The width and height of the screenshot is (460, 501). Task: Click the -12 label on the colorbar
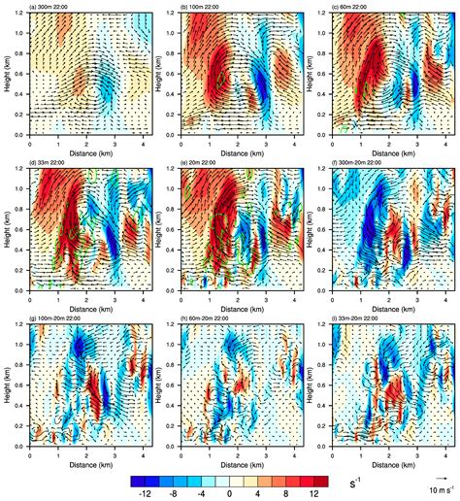148,493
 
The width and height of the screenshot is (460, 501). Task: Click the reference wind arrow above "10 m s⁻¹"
436,478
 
